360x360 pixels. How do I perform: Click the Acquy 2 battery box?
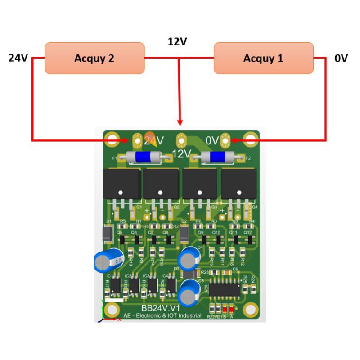94,58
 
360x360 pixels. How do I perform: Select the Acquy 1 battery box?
263,58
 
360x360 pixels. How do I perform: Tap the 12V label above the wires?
177,42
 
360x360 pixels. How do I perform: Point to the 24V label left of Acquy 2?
18,58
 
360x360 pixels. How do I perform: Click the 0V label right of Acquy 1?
341,58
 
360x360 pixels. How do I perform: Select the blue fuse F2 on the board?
217,157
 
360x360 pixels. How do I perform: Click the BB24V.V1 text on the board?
157,308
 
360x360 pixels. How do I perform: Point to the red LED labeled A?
231,309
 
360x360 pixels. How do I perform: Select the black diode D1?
108,234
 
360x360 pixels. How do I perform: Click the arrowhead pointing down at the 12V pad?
180,122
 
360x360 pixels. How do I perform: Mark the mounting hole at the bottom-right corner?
250,309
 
